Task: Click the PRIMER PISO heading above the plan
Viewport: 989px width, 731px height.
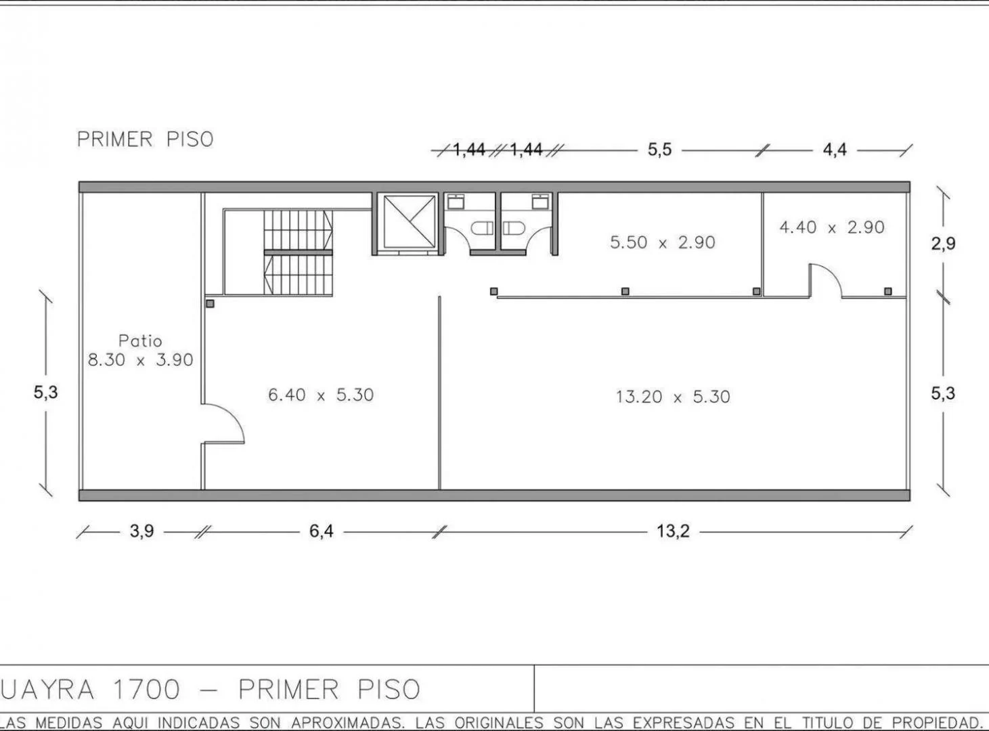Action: click(x=145, y=139)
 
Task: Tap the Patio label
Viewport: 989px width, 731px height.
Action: click(x=140, y=340)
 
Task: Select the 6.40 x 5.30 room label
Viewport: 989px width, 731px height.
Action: click(x=321, y=395)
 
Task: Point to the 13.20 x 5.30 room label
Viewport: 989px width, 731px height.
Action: click(x=673, y=397)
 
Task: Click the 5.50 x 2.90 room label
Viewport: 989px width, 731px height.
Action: click(x=662, y=242)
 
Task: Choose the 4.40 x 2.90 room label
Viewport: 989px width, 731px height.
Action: click(x=831, y=227)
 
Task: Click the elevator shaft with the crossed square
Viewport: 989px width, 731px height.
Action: click(x=408, y=221)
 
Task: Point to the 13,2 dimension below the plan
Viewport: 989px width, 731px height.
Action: click(x=673, y=531)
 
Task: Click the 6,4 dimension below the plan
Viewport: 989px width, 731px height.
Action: click(x=322, y=531)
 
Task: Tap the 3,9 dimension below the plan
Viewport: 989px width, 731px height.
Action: click(x=141, y=531)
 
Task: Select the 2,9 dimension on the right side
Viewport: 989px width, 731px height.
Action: click(x=943, y=244)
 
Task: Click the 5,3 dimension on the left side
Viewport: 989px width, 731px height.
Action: click(x=46, y=392)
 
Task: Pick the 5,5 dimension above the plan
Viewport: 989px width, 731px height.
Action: click(x=659, y=150)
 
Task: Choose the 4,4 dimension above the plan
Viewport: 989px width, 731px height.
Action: click(x=835, y=150)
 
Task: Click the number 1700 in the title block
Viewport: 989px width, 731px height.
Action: click(x=147, y=690)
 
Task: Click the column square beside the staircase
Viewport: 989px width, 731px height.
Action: click(x=211, y=304)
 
